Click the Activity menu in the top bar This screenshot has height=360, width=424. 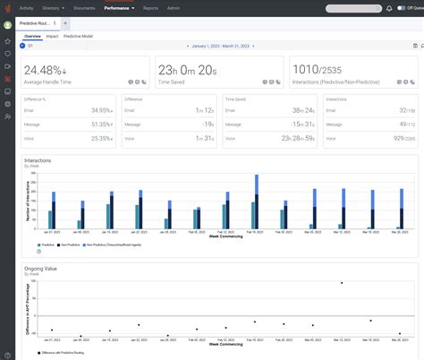26,7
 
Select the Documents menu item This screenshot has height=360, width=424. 85,7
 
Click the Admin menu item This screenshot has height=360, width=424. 173,7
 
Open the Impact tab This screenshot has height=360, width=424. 53,36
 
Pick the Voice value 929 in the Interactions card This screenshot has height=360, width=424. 400,139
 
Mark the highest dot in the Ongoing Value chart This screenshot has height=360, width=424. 342,283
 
